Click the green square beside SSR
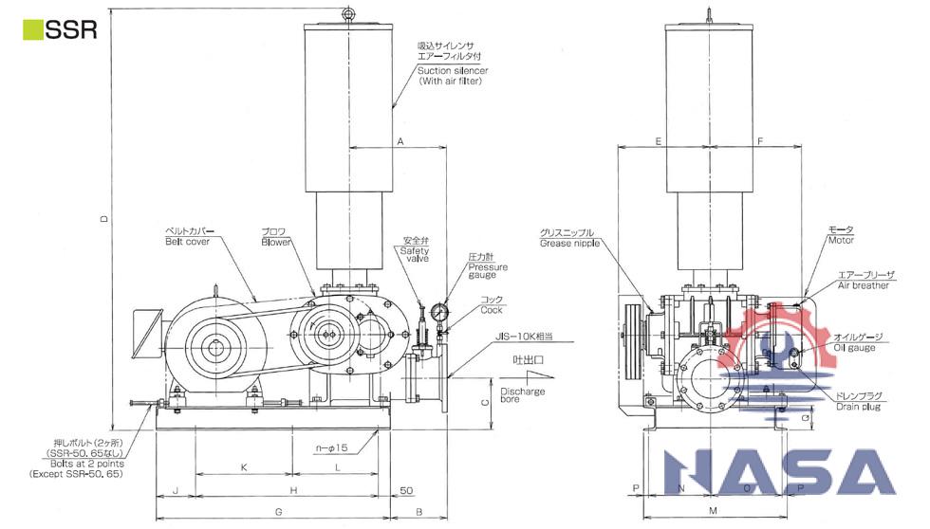pyautogui.click(x=30, y=29)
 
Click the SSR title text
pyautogui.click(x=71, y=29)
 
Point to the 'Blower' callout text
pyautogui.click(x=276, y=242)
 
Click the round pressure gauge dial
pyautogui.click(x=439, y=312)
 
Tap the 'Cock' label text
pyautogui.click(x=491, y=310)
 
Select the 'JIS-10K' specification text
pyautogui.click(x=521, y=337)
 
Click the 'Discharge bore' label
pyautogui.click(x=522, y=395)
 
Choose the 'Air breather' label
pyautogui.click(x=863, y=284)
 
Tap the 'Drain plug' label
pyautogui.click(x=859, y=407)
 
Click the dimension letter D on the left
pyautogui.click(x=105, y=220)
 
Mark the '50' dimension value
pyautogui.click(x=406, y=490)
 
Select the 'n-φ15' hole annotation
pyautogui.click(x=333, y=446)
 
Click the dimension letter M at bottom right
pyautogui.click(x=713, y=511)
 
